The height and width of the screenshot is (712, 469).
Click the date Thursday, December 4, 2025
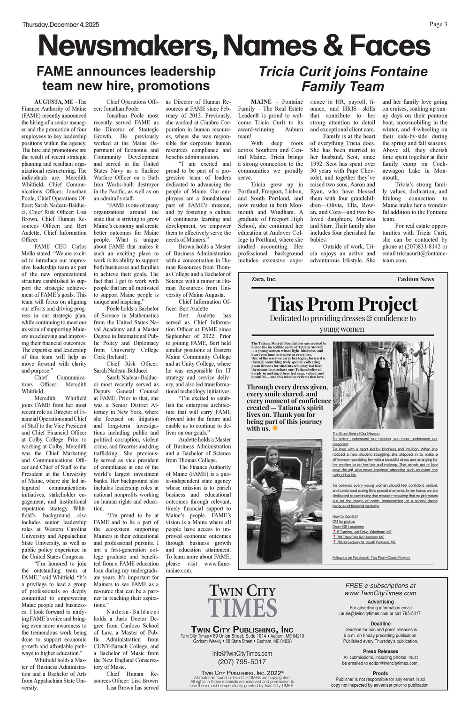pos(61,25)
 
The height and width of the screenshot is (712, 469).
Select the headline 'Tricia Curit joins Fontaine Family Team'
pos(343,79)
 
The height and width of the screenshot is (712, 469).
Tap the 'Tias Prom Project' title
pos(342,304)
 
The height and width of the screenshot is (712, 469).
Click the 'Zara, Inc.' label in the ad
pos(264,279)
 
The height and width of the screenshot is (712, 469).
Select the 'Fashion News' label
pos(416,279)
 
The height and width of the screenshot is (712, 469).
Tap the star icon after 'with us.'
pos(275,428)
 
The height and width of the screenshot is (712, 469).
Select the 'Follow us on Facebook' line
pos(371,558)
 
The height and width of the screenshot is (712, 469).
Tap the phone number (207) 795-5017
pos(242,662)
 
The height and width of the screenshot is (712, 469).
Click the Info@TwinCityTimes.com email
pos(242,653)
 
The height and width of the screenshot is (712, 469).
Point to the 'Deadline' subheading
pos(380,624)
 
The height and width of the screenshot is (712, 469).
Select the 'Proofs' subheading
pos(380,673)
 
